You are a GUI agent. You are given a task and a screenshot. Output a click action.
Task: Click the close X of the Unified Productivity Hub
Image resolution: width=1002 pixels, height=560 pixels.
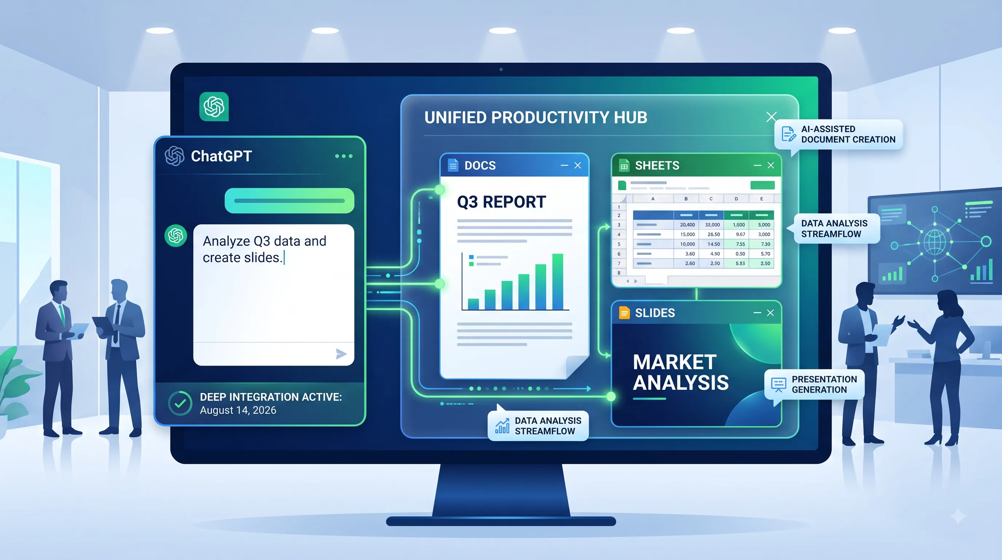pos(771,117)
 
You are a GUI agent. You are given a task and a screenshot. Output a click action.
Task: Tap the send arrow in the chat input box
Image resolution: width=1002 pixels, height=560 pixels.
pos(341,354)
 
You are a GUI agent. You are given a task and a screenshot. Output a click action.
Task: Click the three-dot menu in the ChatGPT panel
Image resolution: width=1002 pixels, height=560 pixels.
pos(344,156)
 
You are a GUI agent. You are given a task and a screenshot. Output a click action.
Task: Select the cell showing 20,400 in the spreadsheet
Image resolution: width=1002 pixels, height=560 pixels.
pos(687,225)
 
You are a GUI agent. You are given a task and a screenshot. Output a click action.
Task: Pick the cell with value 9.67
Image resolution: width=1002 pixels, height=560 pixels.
pos(741,234)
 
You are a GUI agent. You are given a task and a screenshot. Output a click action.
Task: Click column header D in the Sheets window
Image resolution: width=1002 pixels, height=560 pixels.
pos(736,199)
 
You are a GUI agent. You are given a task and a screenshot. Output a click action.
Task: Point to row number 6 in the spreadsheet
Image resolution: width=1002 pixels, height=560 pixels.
pos(619,254)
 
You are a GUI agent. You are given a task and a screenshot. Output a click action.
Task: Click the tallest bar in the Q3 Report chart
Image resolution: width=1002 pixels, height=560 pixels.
pos(558,281)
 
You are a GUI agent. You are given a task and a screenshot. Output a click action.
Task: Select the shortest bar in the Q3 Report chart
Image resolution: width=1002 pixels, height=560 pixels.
pos(473,304)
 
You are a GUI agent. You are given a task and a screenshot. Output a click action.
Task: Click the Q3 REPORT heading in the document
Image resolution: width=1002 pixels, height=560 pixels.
pos(501,202)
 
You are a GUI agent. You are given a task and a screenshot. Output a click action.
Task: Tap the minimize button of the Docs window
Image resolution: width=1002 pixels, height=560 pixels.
pos(564,166)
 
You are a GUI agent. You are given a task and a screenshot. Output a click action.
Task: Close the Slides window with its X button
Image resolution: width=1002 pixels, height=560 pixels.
pos(770,313)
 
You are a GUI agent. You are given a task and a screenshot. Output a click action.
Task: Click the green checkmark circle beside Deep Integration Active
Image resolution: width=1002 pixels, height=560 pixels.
pos(180,404)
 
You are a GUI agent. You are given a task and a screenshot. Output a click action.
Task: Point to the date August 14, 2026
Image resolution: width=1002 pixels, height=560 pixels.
pos(238,410)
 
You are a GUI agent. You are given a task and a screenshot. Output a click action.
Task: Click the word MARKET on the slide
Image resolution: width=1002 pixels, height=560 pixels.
pos(674,362)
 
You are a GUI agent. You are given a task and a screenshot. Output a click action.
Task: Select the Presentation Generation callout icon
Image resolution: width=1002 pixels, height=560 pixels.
pos(778,384)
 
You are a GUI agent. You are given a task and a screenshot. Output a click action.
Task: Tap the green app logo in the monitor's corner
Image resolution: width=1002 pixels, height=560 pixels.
pos(214,107)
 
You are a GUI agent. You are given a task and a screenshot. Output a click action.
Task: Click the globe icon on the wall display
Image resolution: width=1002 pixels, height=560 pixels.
pos(934,242)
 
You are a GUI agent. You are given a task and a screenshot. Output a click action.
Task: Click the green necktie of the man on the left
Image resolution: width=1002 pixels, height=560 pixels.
pos(62,315)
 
